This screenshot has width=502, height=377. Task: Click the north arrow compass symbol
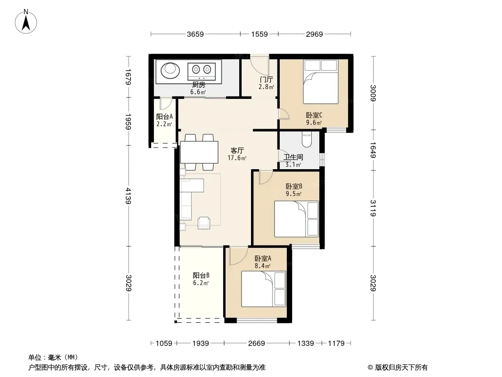pyautogui.click(x=25, y=22)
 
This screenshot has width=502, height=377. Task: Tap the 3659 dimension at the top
pyautogui.click(x=195, y=34)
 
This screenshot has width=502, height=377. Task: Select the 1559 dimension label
pyautogui.click(x=259, y=34)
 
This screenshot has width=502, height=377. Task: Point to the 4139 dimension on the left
pyautogui.click(x=128, y=196)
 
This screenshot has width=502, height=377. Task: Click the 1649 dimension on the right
pyautogui.click(x=373, y=150)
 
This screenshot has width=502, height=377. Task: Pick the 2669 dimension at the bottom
pyautogui.click(x=257, y=344)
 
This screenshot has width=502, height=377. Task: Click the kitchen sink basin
pyautogui.click(x=170, y=71)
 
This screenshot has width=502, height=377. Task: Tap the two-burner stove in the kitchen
pyautogui.click(x=202, y=72)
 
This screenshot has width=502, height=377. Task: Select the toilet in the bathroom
pyautogui.click(x=307, y=139)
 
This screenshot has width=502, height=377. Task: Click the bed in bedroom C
pyautogui.click(x=321, y=82)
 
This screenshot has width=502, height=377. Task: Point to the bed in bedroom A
pyautogui.click(x=264, y=289)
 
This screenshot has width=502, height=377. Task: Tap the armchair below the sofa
pyautogui.click(x=204, y=223)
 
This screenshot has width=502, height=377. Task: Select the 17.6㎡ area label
pyautogui.click(x=237, y=158)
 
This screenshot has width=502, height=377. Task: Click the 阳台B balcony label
pyautogui.click(x=202, y=276)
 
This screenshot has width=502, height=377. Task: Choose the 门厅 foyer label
pyautogui.click(x=267, y=80)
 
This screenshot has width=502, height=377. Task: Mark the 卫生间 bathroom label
pyautogui.click(x=293, y=157)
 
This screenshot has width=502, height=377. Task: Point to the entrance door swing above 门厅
pyautogui.click(x=259, y=64)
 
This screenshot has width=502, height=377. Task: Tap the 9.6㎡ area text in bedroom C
pyautogui.click(x=314, y=123)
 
